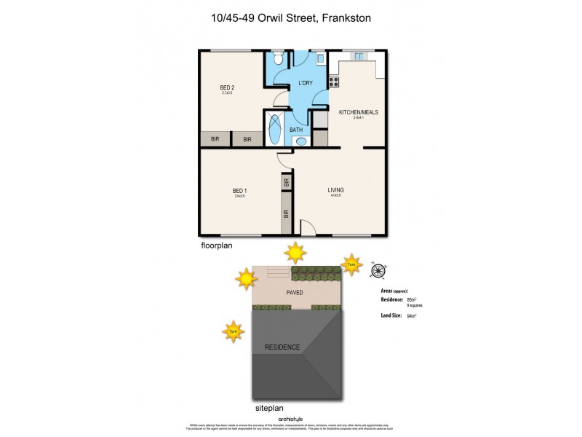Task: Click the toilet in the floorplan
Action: tap(276, 59)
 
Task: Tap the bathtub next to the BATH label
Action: tap(274, 130)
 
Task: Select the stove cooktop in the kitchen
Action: tap(334, 82)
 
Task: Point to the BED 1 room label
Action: tap(240, 191)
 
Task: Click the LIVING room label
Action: tap(335, 190)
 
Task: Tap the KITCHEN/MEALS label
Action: tap(358, 112)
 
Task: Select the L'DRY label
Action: tap(306, 83)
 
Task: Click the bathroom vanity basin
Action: tap(301, 141)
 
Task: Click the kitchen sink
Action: tap(358, 55)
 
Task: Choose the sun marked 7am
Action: tap(351, 264)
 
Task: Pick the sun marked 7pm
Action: tap(233, 331)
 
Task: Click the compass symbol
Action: tap(378, 271)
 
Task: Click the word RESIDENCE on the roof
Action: tap(282, 347)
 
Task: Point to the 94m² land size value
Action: tap(411, 315)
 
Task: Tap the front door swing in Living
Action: tap(307, 227)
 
